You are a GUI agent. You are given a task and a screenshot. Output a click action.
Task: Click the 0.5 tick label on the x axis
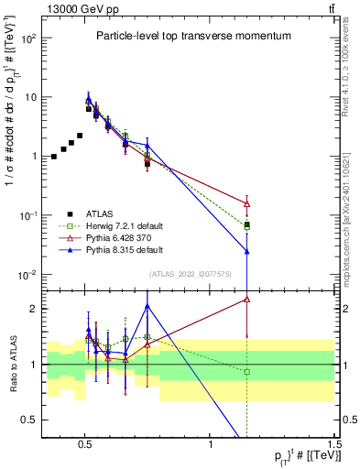[x=84, y=444]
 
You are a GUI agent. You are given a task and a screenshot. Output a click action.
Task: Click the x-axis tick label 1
[x=211, y=444]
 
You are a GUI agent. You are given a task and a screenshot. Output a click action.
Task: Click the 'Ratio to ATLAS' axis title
[x=13, y=364]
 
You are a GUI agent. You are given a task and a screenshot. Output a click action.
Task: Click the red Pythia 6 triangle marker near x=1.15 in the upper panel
[x=246, y=202]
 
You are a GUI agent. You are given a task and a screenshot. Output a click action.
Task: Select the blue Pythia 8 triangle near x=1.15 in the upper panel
[x=246, y=250]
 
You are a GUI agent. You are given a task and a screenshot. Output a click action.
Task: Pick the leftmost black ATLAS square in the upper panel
[x=54, y=157]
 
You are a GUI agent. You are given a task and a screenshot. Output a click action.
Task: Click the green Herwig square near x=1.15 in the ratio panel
[x=246, y=371]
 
